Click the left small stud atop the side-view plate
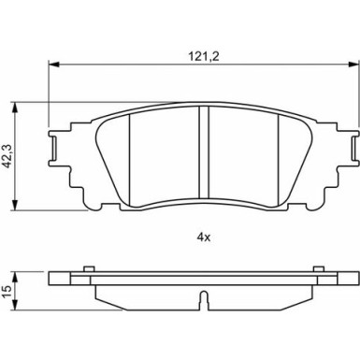[x=87, y=271]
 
